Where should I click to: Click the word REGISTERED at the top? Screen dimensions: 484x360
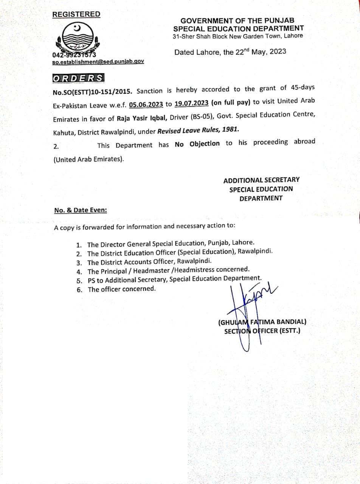pos(76,14)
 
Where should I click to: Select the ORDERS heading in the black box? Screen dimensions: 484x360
pos(78,78)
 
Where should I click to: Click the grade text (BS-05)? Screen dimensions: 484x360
pos(213,116)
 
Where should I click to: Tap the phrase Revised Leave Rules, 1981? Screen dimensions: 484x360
pos(198,129)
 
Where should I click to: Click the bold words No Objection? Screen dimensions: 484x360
pos(197,144)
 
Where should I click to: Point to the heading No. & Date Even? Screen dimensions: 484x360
pos(80,210)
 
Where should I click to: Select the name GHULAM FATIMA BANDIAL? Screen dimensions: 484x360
pos(262,323)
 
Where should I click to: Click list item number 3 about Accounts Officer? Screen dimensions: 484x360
pos(150,262)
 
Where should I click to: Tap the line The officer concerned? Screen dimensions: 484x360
pos(121,289)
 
